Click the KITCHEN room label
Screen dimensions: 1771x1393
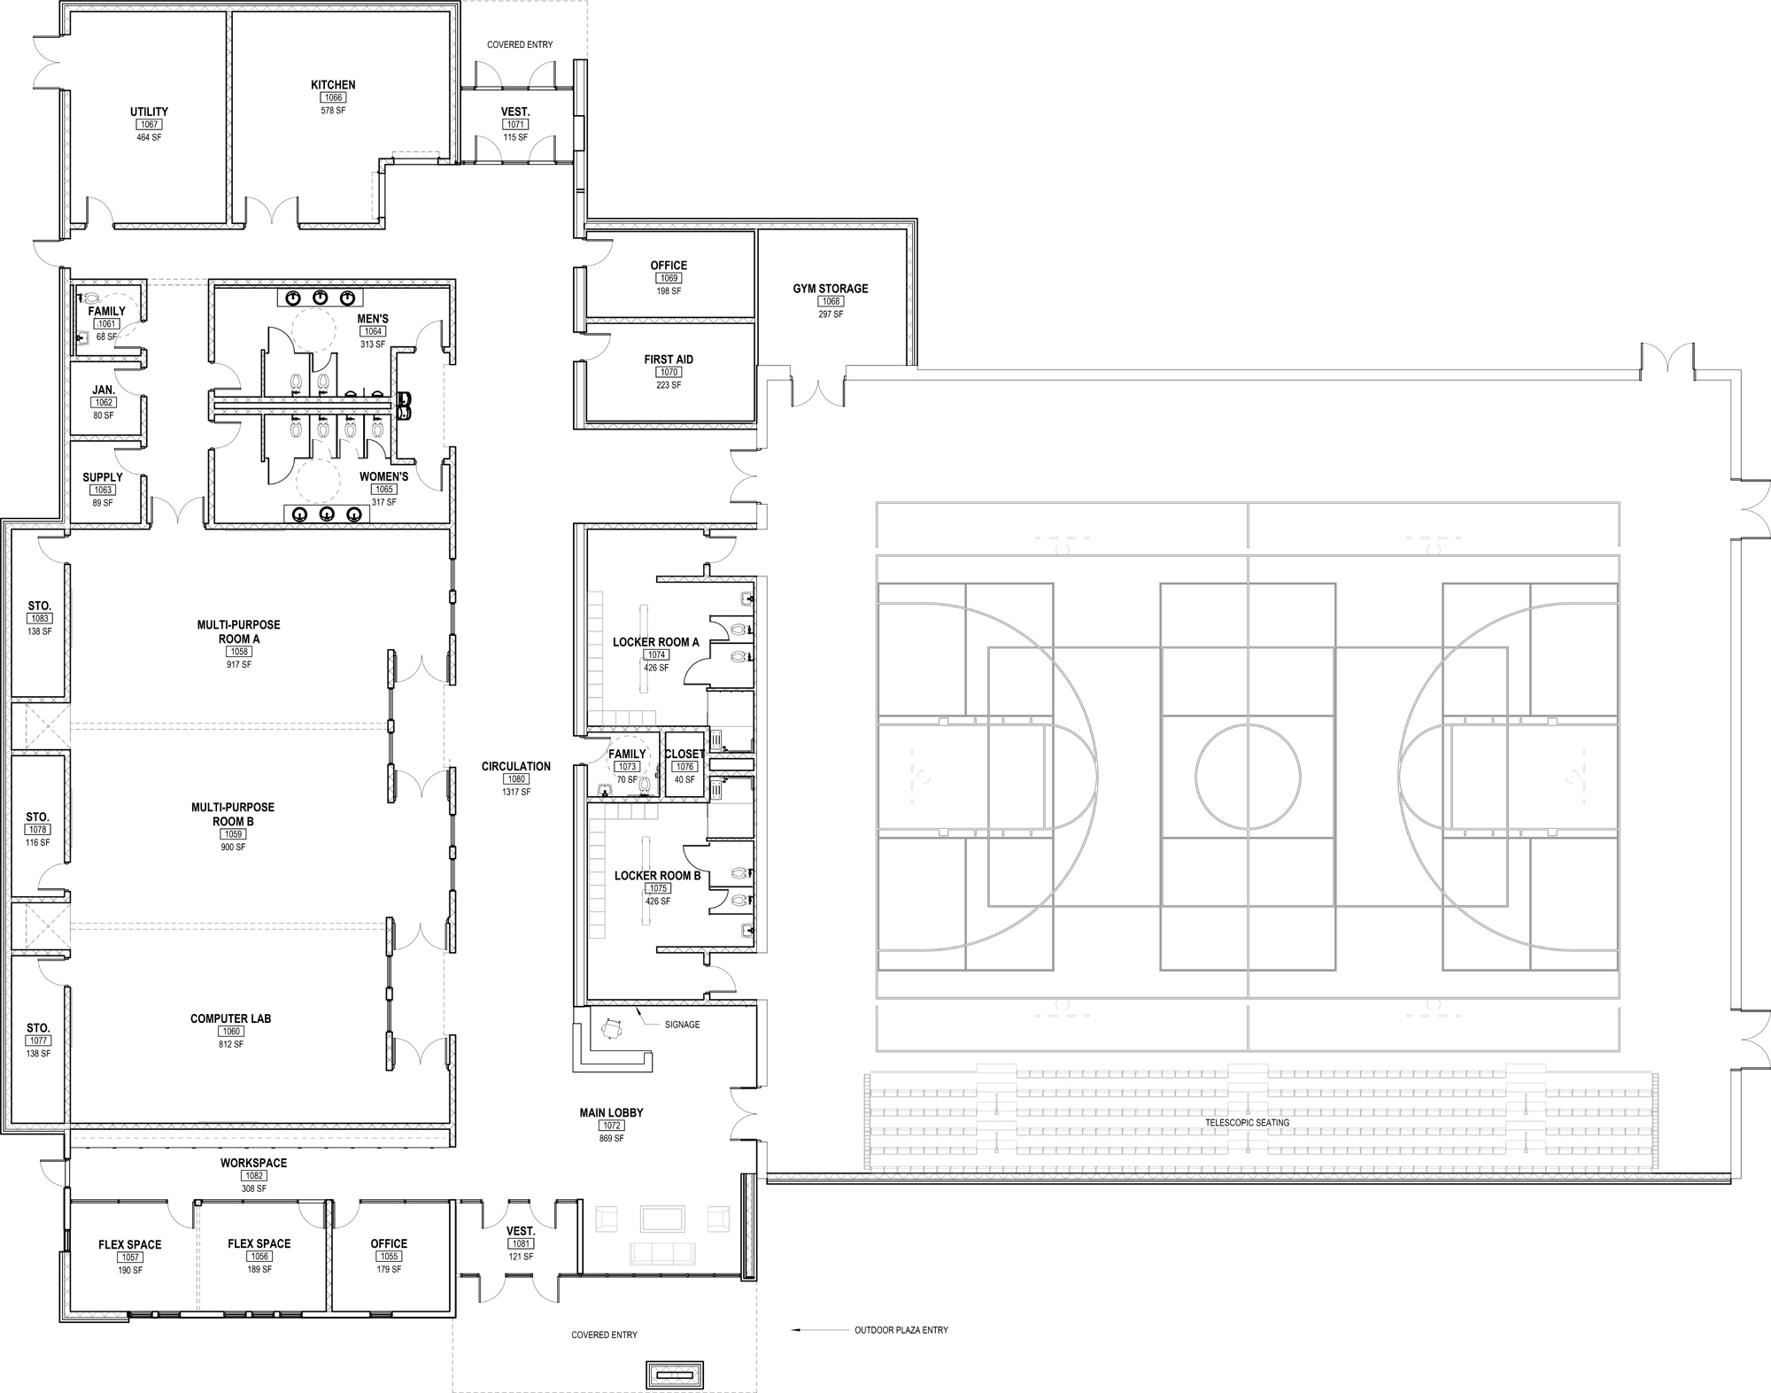(333, 85)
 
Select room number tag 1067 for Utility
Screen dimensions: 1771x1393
(149, 125)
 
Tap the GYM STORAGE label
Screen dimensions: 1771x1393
(831, 289)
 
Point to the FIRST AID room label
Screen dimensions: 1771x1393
(669, 360)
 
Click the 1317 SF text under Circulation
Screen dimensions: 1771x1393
(516, 792)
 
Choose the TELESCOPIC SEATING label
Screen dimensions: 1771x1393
(1247, 1123)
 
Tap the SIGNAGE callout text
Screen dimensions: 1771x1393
(682, 1025)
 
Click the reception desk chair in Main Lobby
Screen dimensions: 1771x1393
(611, 1028)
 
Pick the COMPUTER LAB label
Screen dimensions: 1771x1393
(231, 1018)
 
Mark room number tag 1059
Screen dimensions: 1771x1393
(233, 834)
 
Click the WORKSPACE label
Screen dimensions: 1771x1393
(254, 1163)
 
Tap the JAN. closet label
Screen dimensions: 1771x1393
(104, 390)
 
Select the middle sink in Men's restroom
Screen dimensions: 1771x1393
(321, 298)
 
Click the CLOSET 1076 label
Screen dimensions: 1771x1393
(684, 755)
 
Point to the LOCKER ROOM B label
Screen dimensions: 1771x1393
(658, 876)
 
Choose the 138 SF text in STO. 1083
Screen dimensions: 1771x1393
(39, 631)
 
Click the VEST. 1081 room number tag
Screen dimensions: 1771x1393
(521, 1244)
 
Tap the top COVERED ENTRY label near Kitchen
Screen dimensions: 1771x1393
(520, 45)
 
